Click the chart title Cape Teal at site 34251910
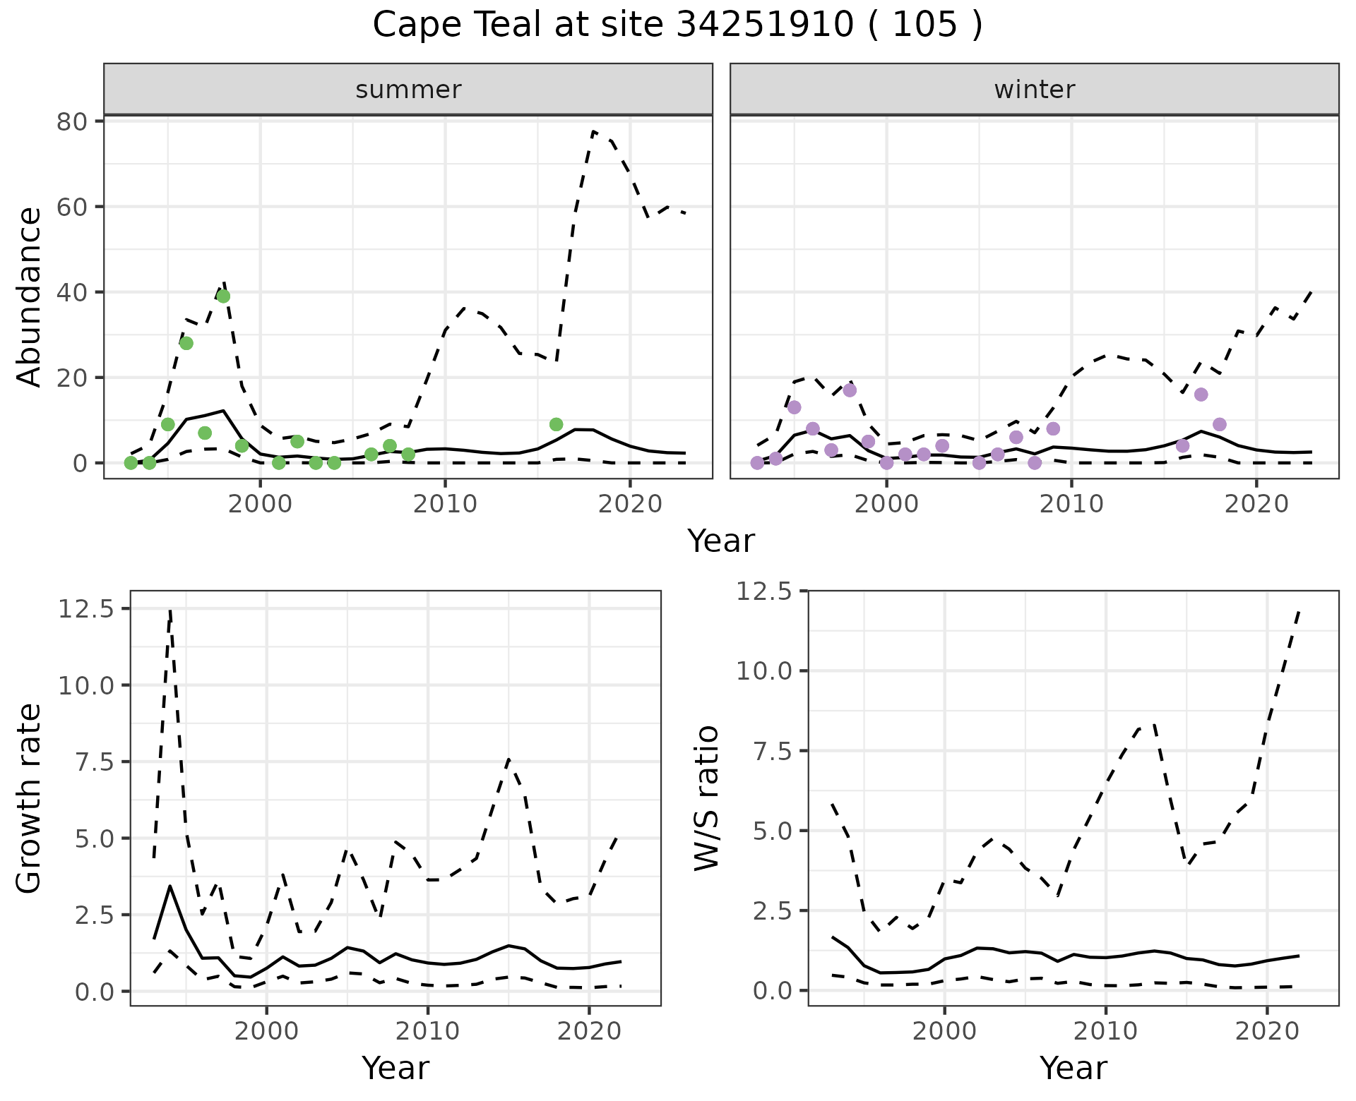[677, 25]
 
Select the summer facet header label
[408, 90]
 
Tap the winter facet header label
[1034, 90]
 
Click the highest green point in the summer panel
[223, 296]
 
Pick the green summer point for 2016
[556, 424]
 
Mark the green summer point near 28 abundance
[186, 343]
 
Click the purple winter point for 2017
[1201, 395]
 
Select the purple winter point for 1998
[850, 390]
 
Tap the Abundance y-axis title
[30, 296]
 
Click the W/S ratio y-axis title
[707, 798]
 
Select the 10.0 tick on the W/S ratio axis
[764, 670]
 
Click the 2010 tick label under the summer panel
[445, 504]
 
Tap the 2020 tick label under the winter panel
[1256, 504]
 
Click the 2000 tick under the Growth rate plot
[266, 1031]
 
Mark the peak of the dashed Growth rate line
[170, 610]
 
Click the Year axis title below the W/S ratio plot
[1073, 1069]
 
